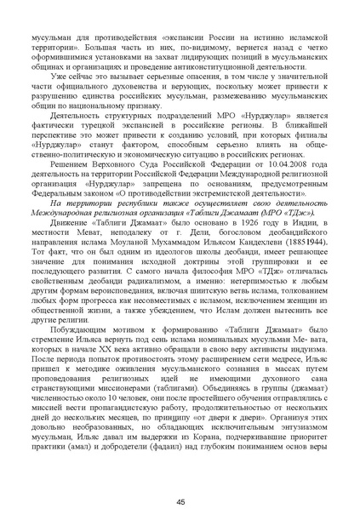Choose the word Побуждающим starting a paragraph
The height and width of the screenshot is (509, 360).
click(x=88, y=330)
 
